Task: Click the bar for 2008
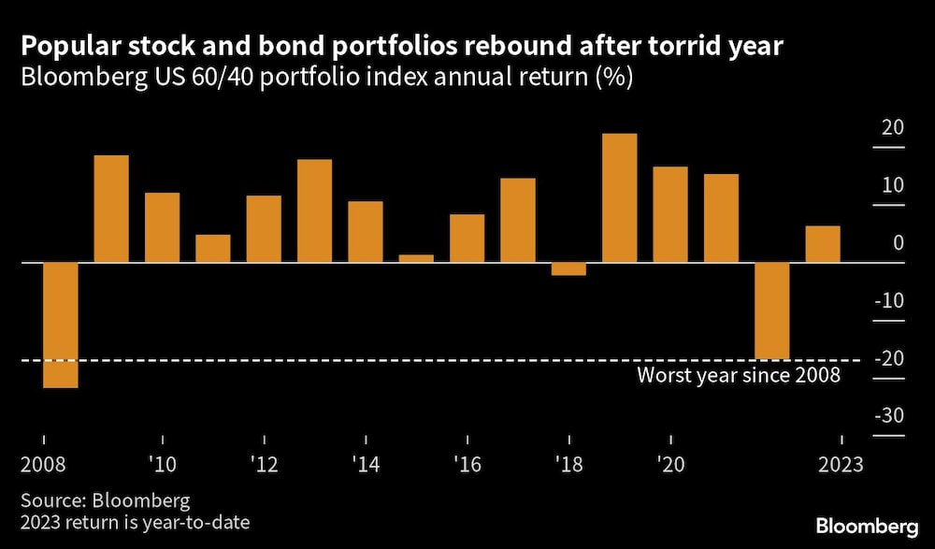61,325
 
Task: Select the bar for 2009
111,209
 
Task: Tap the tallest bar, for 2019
620,197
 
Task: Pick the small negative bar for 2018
568,269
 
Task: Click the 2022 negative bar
772,311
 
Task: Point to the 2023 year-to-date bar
823,244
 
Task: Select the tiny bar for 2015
416,258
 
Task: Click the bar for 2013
314,210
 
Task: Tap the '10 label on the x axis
163,463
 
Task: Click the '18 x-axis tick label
568,463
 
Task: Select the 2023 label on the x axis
841,463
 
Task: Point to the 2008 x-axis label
43,463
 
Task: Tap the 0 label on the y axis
898,243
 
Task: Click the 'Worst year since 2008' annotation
739,376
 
